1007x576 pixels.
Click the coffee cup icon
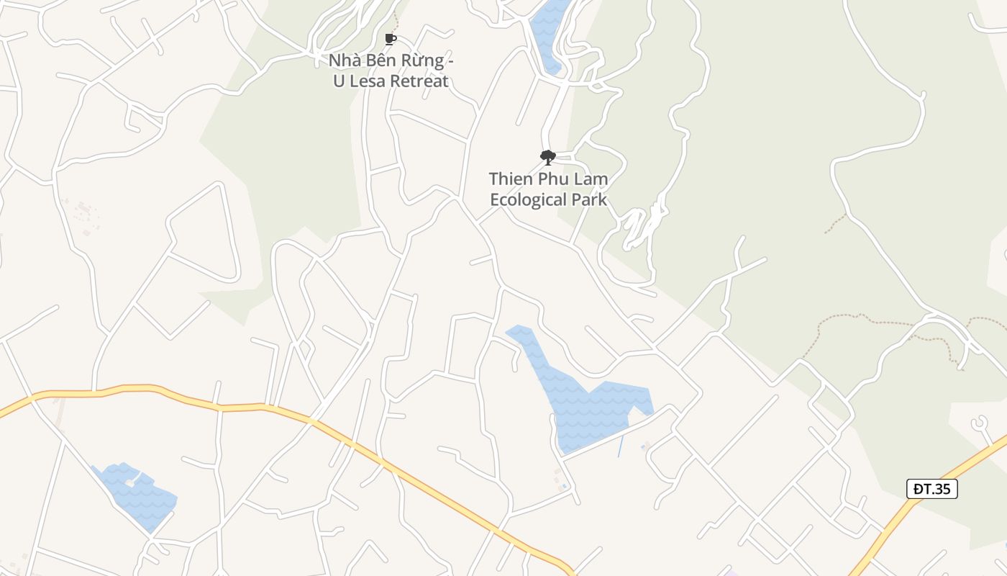point(391,39)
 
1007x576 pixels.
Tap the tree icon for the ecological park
point(547,157)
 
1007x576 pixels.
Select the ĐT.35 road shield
point(931,490)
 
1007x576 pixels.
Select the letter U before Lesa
point(339,81)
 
